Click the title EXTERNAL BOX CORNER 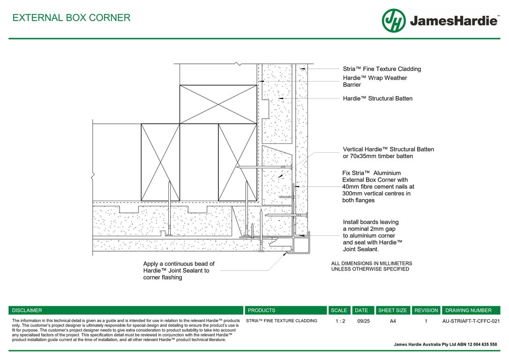tap(71, 18)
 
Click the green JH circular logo tap(393, 21)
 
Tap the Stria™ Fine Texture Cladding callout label tap(382, 69)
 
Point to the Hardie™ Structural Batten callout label tap(377, 98)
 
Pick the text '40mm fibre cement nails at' tap(378, 187)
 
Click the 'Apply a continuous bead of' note tap(179, 264)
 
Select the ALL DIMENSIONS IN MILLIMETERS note tap(372, 263)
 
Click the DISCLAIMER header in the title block tap(27, 310)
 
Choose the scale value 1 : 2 tap(340, 322)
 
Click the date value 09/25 tap(363, 322)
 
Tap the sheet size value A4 tap(393, 322)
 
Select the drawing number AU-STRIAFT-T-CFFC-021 tap(471, 322)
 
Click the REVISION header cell tap(426, 310)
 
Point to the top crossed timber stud tap(218, 104)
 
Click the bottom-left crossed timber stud tap(160, 162)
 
